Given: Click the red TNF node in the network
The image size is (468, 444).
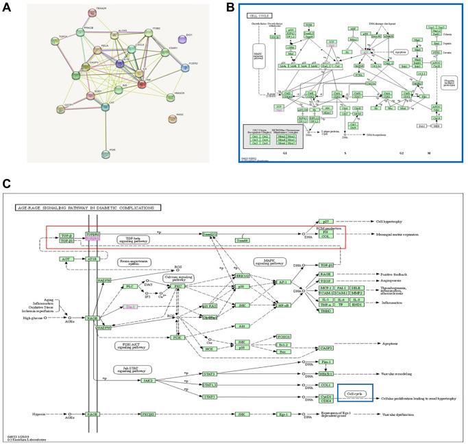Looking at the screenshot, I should (x=142, y=84).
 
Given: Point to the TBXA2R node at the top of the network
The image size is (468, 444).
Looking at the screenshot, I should (x=91, y=12).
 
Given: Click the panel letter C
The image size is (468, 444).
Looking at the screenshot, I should (x=7, y=184).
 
